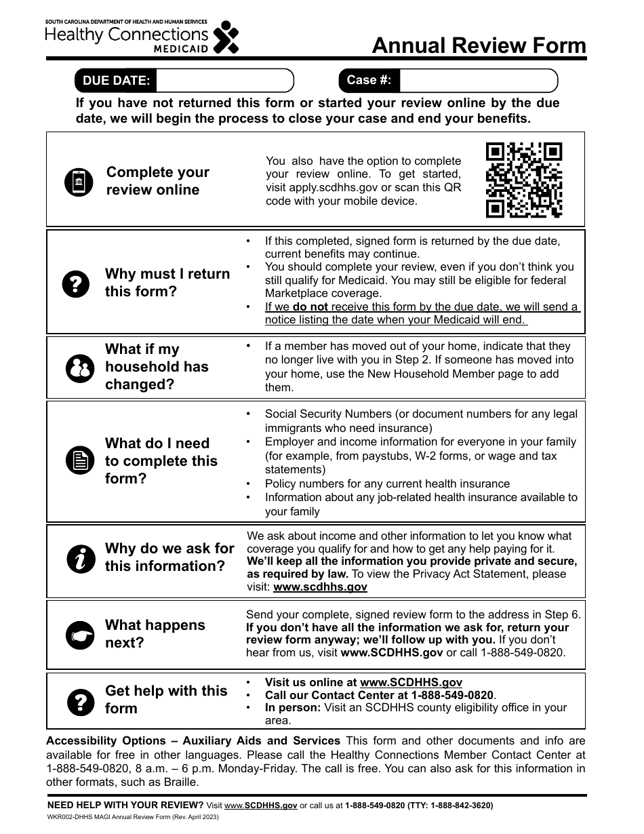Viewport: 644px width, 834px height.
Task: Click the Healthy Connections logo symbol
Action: click(226, 37)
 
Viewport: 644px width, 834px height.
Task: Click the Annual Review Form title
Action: click(479, 45)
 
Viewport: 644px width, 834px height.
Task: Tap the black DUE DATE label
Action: click(116, 81)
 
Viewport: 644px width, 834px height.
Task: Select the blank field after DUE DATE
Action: click(224, 81)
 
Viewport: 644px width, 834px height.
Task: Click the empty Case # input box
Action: click(478, 81)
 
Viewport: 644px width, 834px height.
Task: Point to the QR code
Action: click(524, 180)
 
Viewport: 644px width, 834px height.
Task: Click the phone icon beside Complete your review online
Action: click(79, 182)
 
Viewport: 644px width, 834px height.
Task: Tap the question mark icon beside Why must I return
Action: click(76, 283)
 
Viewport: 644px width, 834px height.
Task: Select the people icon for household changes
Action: click(79, 368)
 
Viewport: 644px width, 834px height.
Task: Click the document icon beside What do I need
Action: click(80, 461)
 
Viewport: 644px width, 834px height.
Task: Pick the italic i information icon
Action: click(80, 558)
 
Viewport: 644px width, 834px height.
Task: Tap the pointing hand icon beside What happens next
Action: click(80, 635)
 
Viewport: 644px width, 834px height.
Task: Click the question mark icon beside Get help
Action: click(80, 700)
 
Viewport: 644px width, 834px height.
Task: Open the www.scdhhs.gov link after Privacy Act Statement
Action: click(320, 587)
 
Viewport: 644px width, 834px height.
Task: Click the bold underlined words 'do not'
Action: click(310, 306)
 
